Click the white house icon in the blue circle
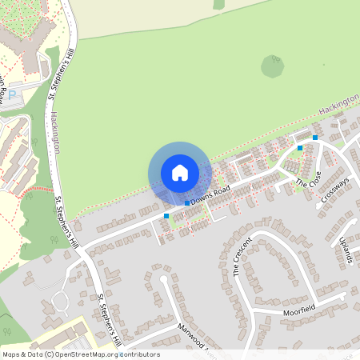[179, 172]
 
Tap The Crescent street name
[242, 256]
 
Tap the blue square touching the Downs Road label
[187, 203]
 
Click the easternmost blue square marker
[315, 138]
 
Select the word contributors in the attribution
[138, 354]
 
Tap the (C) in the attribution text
[49, 354]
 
